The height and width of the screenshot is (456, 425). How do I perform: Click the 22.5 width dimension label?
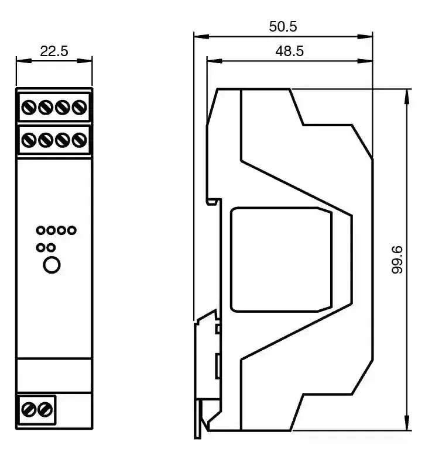tap(54, 51)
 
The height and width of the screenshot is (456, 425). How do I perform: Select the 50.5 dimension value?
tap(283, 27)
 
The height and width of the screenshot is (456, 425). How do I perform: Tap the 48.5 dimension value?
tap(289, 51)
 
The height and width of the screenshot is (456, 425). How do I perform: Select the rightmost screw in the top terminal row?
tap(80, 107)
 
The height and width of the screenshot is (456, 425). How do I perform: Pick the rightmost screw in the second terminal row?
tap(80, 140)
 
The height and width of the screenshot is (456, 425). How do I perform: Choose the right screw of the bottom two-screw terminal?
tap(45, 409)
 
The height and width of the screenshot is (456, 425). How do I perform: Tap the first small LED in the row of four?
tap(40, 230)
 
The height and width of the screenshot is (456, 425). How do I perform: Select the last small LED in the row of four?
tap(71, 230)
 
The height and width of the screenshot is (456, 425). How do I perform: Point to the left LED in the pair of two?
tap(40, 247)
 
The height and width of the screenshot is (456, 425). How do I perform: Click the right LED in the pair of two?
tap(51, 247)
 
